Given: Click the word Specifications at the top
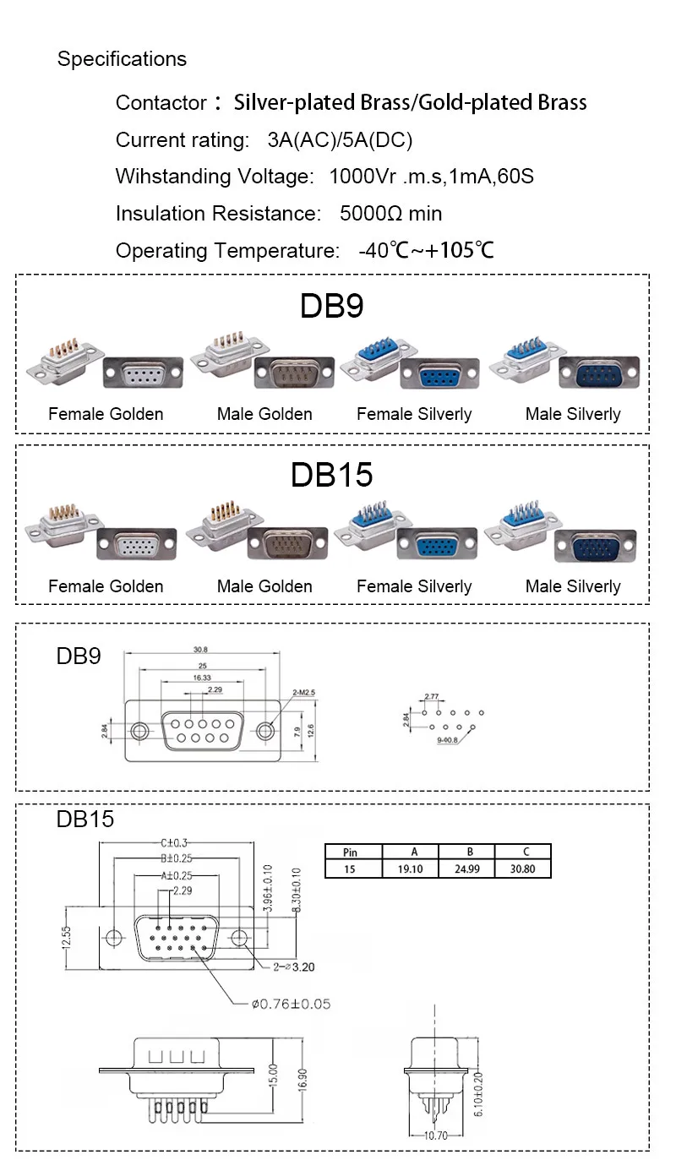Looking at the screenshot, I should tap(122, 59).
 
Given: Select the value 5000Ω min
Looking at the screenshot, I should tap(390, 214).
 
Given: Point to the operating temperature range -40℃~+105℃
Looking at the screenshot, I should tap(426, 251).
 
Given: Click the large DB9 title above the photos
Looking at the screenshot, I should tap(331, 306).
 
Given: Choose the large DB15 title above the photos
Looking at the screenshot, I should tap(331, 475).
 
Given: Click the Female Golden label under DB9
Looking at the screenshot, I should tap(106, 414).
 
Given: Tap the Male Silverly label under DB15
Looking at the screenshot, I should tap(573, 586).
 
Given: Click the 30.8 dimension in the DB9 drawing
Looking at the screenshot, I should tap(200, 649).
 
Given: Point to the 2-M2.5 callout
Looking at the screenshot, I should tap(304, 692).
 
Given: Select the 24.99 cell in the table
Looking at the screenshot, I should tap(467, 869).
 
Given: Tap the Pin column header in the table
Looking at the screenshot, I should tap(353, 852).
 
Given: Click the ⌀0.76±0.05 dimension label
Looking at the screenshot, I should tap(291, 1004).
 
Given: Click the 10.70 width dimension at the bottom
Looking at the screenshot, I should tap(436, 1136).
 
